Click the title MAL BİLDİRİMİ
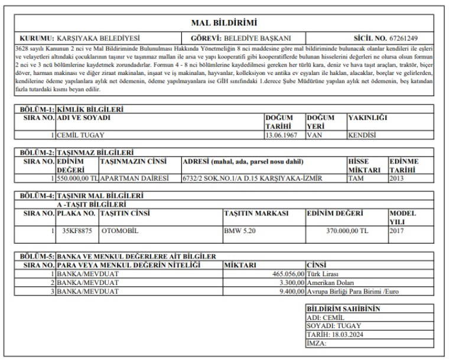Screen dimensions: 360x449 [x=224, y=23]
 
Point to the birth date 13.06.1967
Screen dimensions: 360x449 [x=281, y=135]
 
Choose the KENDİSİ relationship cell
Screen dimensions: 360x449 [x=362, y=135]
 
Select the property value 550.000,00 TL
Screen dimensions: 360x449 [x=77, y=178]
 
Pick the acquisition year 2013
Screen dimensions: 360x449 [x=396, y=178]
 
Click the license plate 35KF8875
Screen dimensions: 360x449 [x=77, y=231]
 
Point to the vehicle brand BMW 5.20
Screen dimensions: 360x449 [x=240, y=231]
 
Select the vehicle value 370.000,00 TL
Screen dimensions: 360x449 [x=347, y=231]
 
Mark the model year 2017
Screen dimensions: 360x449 [x=396, y=231]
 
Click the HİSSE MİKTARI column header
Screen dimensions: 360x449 [x=366, y=165]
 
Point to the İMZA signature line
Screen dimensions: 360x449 [x=317, y=342]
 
